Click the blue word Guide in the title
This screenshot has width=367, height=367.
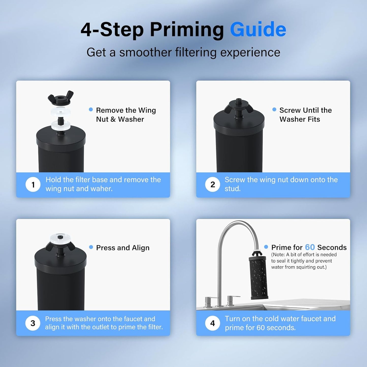[258, 29]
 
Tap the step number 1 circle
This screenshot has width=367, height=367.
[33, 185]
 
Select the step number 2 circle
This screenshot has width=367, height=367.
[213, 185]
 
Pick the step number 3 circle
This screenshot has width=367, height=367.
[33, 323]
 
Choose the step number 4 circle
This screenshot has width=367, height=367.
[213, 323]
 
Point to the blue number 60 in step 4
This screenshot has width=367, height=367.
[310, 247]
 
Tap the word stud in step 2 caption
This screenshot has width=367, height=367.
[232, 189]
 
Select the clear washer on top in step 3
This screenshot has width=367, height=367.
[60, 238]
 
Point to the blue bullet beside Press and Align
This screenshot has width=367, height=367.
[91, 247]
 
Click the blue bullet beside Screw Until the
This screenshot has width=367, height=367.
[274, 109]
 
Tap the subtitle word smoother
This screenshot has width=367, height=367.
[146, 53]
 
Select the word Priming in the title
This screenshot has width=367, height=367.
[187, 29]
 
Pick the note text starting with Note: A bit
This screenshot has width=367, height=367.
[304, 261]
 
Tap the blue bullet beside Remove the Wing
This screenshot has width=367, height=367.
[91, 109]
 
